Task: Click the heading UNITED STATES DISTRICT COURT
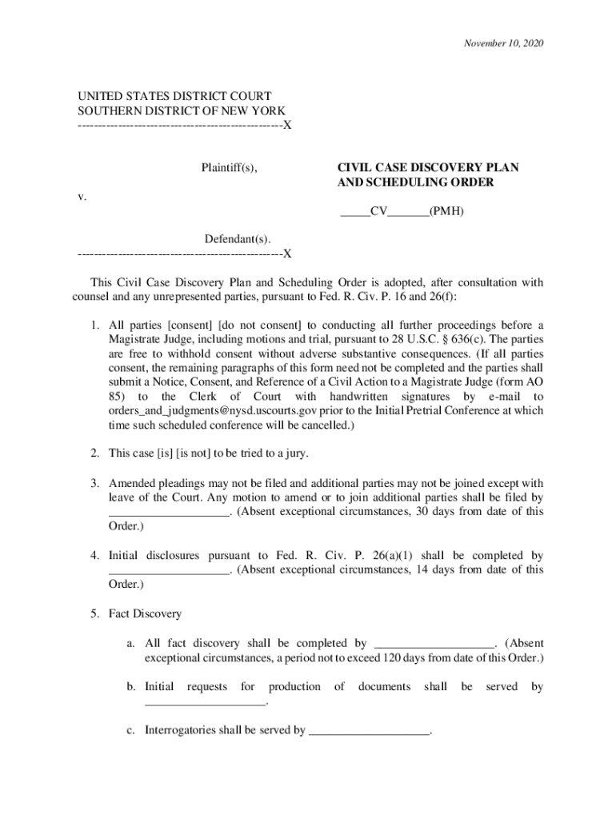coord(174,96)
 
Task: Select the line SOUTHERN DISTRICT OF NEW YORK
coord(182,110)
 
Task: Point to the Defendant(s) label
coord(237,239)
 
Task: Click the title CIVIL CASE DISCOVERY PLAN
coord(427,168)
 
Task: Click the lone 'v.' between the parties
coord(83,196)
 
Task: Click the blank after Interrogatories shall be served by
coord(369,730)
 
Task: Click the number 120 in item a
coord(422,658)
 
